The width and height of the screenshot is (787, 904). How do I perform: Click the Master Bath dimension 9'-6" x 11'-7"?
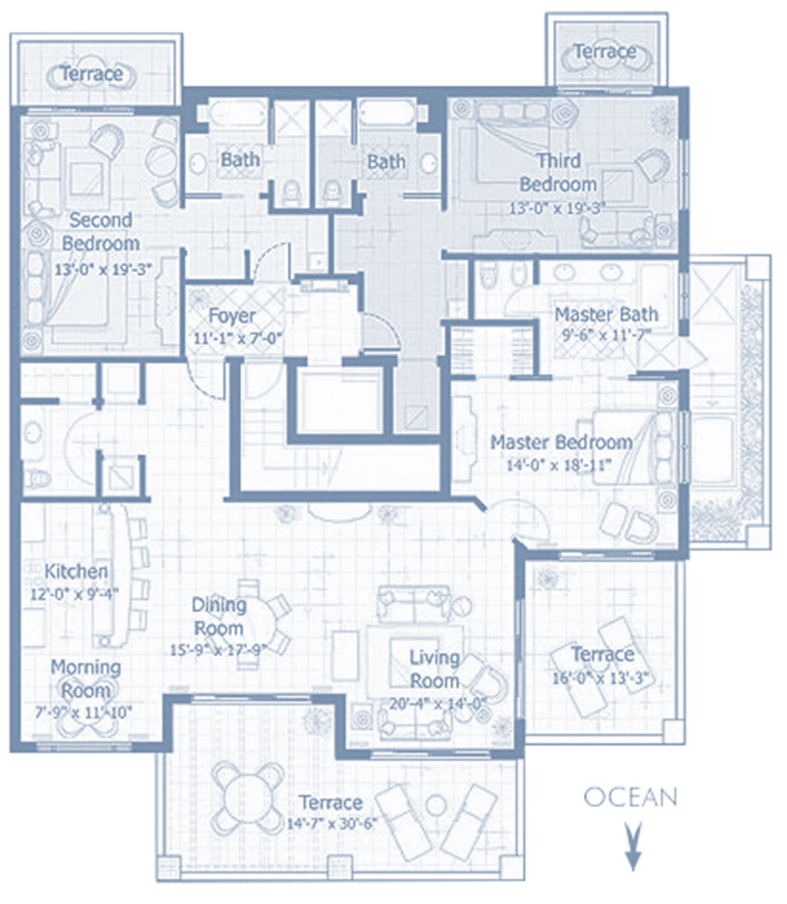[606, 335]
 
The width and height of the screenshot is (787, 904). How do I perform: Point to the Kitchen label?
[76, 571]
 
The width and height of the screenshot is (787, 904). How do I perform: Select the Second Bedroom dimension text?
[103, 269]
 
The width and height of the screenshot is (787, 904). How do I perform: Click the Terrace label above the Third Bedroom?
[605, 51]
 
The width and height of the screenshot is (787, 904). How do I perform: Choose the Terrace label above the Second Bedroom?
[91, 73]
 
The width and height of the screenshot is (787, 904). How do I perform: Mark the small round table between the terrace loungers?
[436, 805]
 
